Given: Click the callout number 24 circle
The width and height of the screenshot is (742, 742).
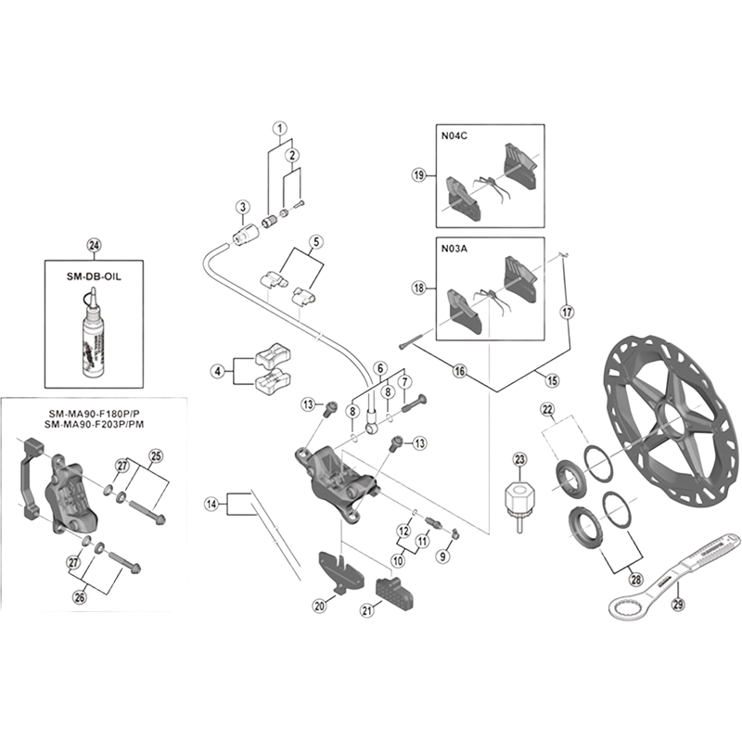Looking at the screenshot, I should coord(93,245).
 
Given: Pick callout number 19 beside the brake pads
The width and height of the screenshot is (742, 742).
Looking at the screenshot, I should coord(418,174).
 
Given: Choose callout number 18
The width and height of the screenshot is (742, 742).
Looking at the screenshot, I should coord(418,288).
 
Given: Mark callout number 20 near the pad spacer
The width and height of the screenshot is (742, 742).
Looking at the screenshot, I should coord(320,607).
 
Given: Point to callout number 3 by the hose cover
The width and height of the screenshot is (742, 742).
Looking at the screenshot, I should coord(241,206).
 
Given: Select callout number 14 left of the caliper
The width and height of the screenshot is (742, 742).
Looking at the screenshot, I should coord(212,505).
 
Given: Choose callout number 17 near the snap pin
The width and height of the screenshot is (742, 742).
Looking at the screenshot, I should coord(568,313).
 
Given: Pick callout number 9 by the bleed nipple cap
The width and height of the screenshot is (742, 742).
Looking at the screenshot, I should coord(443,556).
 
